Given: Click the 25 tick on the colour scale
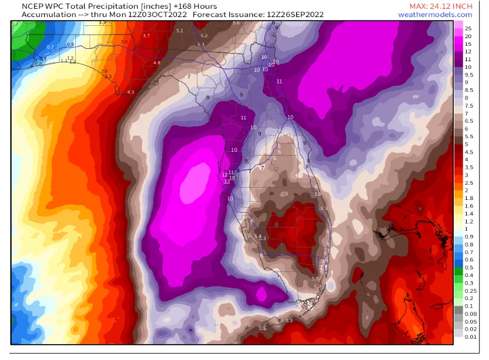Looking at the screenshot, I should tap(468, 28).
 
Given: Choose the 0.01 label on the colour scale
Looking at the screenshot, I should tap(470, 336).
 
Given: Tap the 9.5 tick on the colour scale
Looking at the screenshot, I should tap(468, 75).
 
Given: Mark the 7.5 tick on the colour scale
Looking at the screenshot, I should tap(468, 105).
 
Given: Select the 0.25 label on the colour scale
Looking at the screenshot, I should tap(470, 290).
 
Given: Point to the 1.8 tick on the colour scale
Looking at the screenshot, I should tap(468, 198).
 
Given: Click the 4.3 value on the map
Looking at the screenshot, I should tap(130, 92).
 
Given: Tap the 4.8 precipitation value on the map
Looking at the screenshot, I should tap(156, 62).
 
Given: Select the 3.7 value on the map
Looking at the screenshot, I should tap(146, 36).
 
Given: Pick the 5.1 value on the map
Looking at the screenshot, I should tap(179, 31).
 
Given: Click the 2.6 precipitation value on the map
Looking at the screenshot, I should tap(124, 42).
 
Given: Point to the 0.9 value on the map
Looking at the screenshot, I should tap(71, 44).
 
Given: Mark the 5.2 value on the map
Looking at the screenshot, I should tap(204, 36).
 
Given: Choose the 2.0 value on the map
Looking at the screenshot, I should tap(104, 71).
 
